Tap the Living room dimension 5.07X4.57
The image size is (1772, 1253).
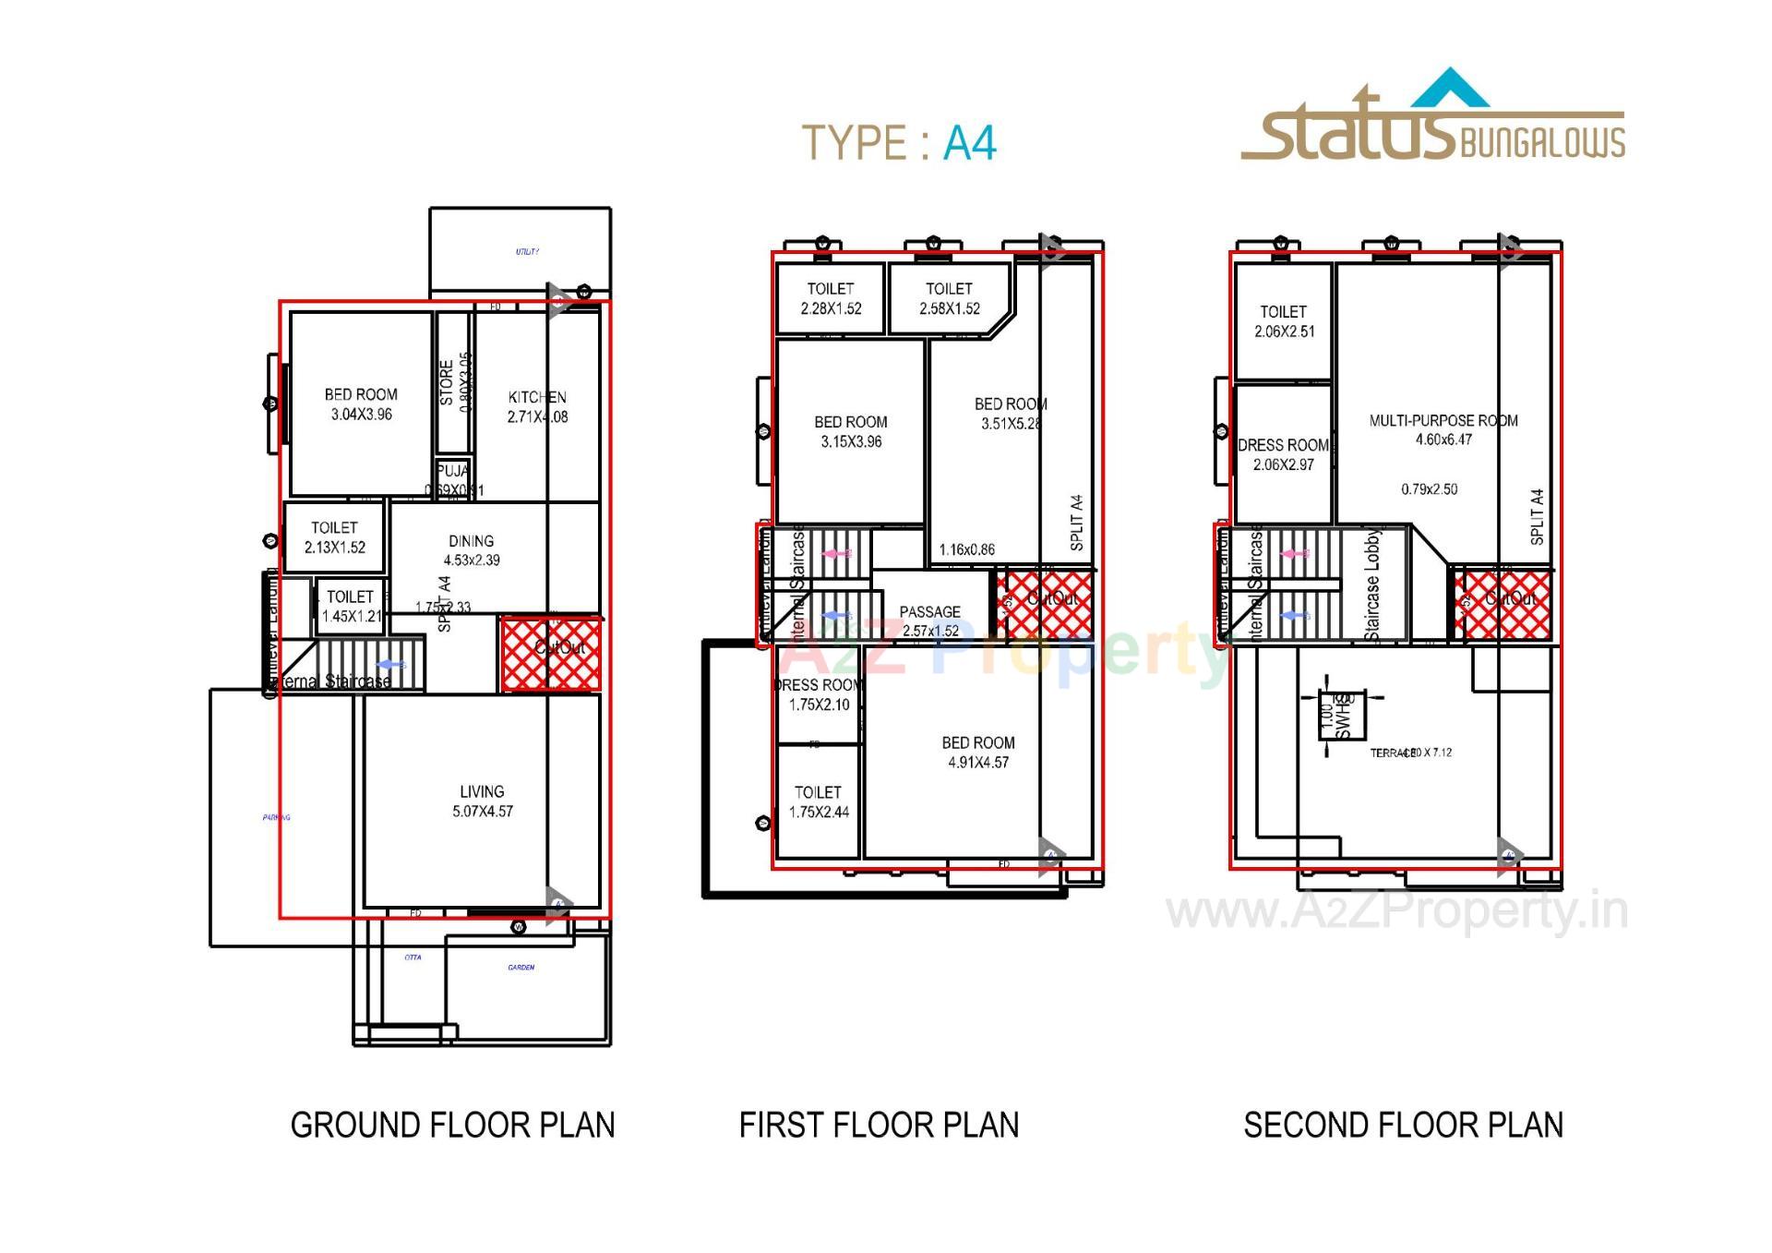483,812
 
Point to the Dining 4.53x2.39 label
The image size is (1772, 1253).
472,550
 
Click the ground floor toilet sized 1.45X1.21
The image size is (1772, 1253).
351,607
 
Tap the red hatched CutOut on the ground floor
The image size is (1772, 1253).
551,655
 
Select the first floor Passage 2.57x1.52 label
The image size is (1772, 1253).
930,621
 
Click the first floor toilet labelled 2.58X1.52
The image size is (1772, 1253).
949,298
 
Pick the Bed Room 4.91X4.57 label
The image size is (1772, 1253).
978,753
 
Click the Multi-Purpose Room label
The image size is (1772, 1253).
1443,421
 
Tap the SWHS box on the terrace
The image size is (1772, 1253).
1342,717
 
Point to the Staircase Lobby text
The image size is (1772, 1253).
1372,585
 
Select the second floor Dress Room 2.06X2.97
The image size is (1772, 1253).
1284,454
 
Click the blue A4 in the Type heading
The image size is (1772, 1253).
969,144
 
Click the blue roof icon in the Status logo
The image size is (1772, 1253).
1451,90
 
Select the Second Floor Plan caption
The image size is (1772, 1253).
1403,1126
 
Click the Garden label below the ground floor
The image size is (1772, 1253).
521,968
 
